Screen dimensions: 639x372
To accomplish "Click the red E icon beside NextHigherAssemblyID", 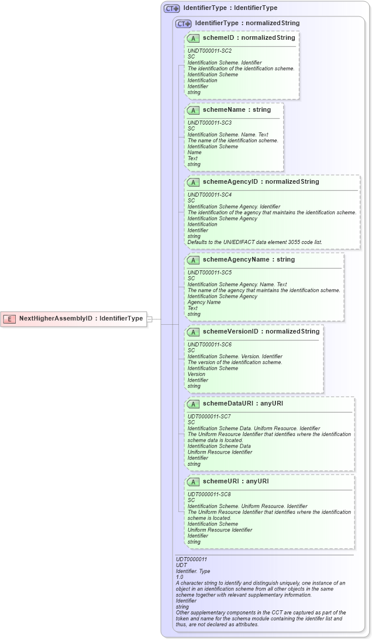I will click(x=9, y=319).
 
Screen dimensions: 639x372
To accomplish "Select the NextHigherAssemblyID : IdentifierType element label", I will click(x=81, y=319).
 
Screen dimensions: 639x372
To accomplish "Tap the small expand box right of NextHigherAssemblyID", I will click(x=149, y=319).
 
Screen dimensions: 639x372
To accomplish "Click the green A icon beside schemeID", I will click(x=193, y=38).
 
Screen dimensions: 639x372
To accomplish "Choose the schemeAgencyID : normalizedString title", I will click(x=261, y=182).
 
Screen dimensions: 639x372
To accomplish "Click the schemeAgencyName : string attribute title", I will click(x=248, y=260).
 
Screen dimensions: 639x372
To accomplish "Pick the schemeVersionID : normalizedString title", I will click(x=261, y=332).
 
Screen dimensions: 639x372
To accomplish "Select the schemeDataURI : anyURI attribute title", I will click(x=243, y=404).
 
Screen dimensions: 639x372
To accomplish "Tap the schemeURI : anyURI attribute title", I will click(x=236, y=482).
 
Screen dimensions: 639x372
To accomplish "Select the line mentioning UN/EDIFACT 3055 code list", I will click(x=254, y=242).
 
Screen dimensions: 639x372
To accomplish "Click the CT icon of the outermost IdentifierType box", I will click(x=171, y=9).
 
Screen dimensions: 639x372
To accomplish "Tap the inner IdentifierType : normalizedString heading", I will click(x=247, y=23).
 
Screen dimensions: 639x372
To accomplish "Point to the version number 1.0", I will click(x=180, y=577).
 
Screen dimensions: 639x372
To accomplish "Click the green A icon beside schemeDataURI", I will click(x=193, y=404).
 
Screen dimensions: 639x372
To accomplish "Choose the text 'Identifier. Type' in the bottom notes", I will click(x=194, y=571).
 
